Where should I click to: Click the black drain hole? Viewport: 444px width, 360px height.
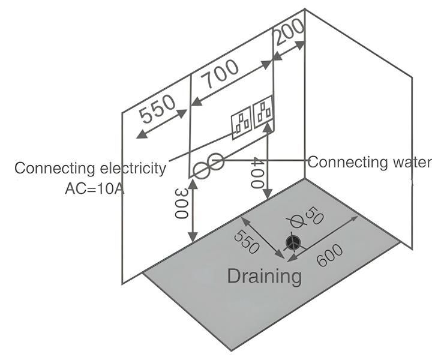point(293,242)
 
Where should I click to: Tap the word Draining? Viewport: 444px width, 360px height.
point(264,276)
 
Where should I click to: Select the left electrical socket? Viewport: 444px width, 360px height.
point(242,123)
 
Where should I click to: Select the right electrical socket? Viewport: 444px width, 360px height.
point(263,113)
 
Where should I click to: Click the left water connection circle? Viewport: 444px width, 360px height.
point(202,171)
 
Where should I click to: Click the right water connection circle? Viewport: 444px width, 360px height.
point(217,161)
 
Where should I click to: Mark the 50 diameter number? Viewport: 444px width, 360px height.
point(313,215)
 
